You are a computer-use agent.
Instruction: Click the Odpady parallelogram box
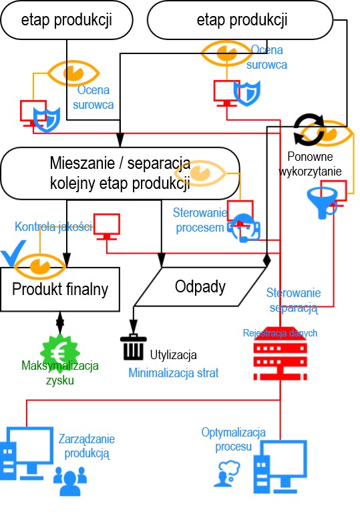[x=200, y=286]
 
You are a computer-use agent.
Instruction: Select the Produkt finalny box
[x=60, y=289]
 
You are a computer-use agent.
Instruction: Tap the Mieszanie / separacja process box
[x=120, y=173]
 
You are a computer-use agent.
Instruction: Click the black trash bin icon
[x=134, y=347]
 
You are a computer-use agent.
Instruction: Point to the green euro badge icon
[x=60, y=352]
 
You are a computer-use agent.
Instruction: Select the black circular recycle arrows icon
[x=309, y=129]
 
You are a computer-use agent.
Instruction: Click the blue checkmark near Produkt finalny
[x=13, y=253]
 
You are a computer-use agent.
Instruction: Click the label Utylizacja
[x=173, y=355]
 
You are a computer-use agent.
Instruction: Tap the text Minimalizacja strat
[x=173, y=373]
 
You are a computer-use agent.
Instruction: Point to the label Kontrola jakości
[x=53, y=226]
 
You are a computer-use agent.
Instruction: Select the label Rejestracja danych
[x=280, y=333]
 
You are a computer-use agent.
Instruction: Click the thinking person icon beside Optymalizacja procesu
[x=226, y=473]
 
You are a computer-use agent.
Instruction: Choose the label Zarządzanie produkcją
[x=87, y=446]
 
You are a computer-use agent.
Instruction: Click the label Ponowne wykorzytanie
[x=310, y=164]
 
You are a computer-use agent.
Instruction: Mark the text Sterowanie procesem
[x=200, y=220]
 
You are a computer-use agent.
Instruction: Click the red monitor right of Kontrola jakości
[x=107, y=226]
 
